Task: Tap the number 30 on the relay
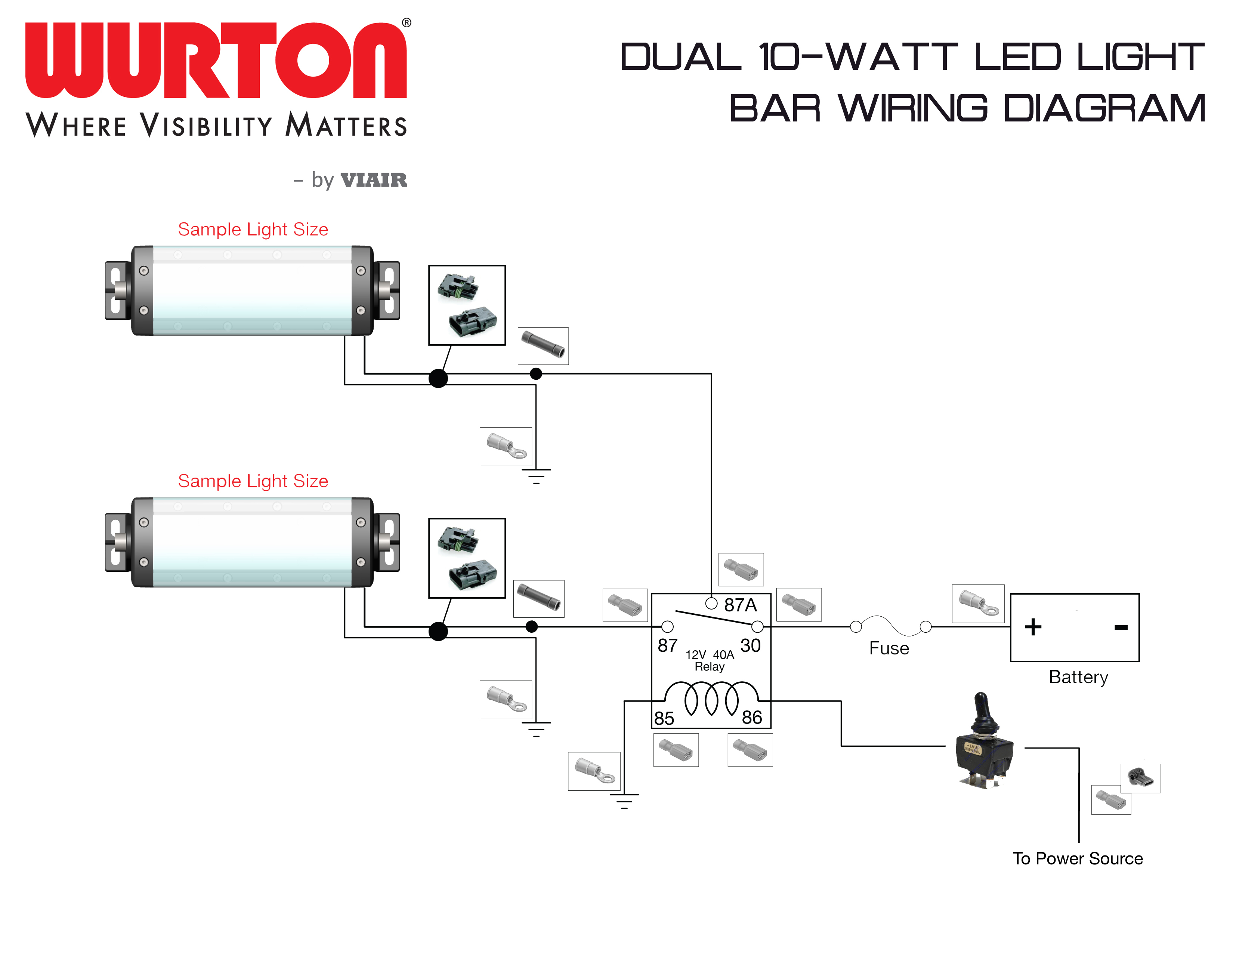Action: [750, 645]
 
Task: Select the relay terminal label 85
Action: [664, 718]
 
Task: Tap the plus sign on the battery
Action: [1033, 627]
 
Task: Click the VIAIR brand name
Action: [374, 180]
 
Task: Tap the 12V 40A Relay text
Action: [710, 660]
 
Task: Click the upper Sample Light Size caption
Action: [253, 229]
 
